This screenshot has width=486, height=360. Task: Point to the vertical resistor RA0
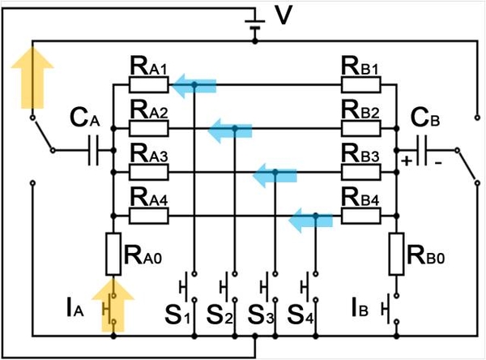tap(114, 253)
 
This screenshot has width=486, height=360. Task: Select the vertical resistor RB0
tap(397, 253)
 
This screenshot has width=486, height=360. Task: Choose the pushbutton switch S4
tap(307, 289)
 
